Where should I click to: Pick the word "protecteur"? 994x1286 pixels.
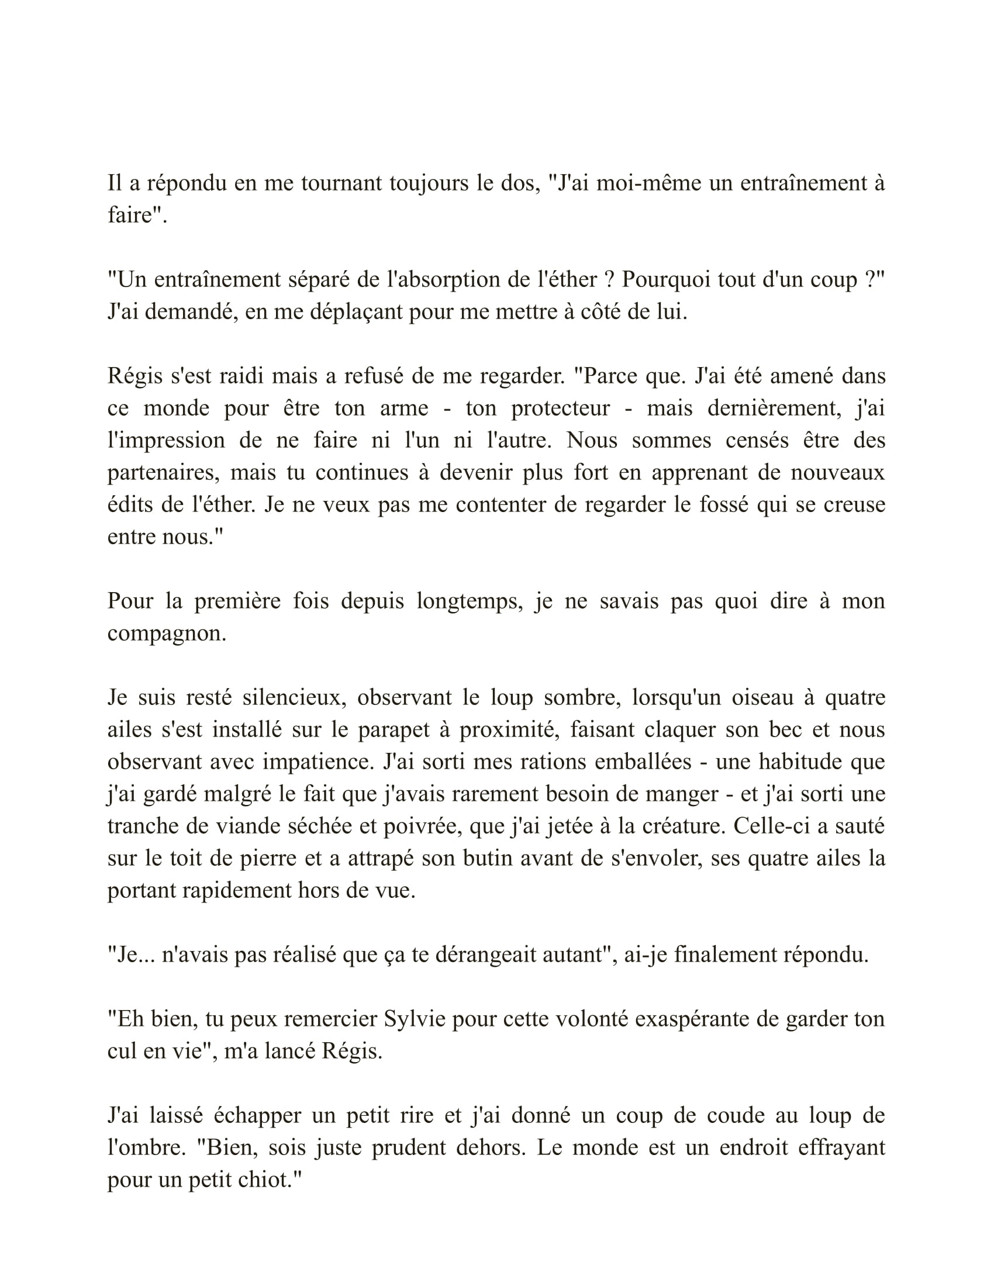pyautogui.click(x=560, y=408)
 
